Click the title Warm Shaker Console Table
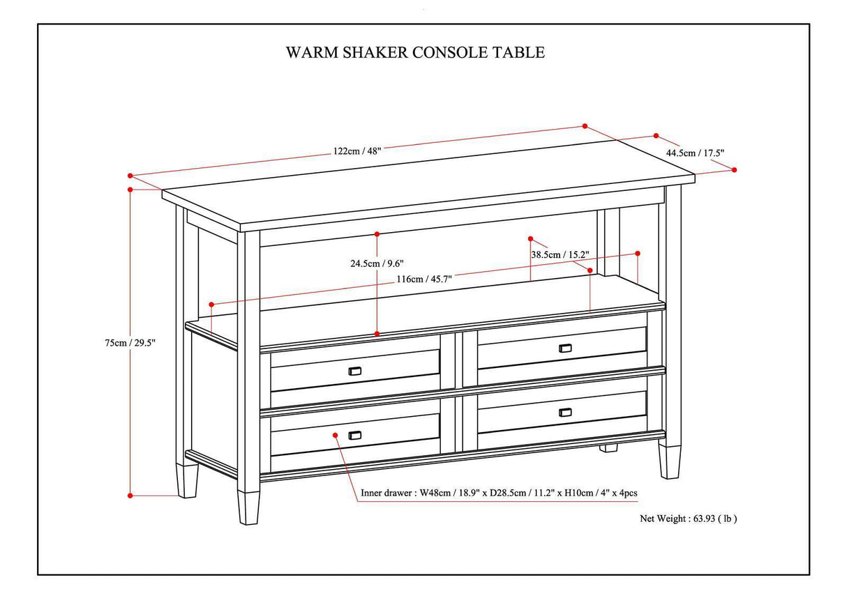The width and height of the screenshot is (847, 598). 415,52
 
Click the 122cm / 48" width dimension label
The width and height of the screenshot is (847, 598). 357,151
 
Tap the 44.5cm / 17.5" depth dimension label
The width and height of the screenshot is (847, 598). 695,153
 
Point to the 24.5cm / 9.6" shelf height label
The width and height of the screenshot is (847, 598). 377,263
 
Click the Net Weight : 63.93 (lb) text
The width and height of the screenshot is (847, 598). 688,518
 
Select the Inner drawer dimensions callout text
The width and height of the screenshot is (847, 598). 499,493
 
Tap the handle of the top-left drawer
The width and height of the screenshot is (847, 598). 354,371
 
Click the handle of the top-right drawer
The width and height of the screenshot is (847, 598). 565,348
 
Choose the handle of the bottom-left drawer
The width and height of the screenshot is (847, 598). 354,436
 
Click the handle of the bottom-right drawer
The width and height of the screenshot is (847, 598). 565,412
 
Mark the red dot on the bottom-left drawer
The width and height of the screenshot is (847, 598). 336,435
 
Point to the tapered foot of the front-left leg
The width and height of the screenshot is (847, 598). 248,507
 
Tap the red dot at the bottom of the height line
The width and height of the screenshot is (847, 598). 130,496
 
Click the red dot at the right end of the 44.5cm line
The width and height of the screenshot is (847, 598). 734,169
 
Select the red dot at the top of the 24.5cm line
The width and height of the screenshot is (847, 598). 377,233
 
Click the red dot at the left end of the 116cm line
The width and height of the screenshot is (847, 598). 211,305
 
